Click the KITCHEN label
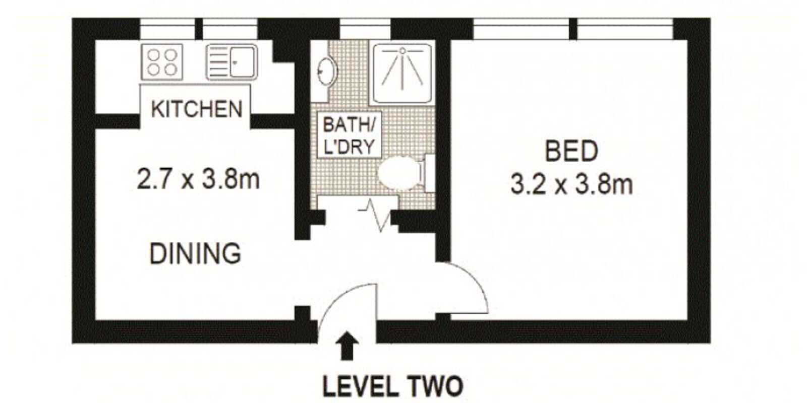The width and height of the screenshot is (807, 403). pos(197,109)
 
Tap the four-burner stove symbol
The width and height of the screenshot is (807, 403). pos(162,61)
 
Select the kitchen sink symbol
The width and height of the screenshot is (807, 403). pos(232,62)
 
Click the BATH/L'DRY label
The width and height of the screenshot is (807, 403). pos(349,135)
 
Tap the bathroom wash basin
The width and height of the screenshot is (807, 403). pos(325,71)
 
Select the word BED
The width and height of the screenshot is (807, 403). pos(572,152)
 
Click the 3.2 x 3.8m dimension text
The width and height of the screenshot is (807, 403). pos(571,185)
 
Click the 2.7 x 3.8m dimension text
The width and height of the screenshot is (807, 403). pos(198,179)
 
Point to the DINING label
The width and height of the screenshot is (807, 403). pos(195,253)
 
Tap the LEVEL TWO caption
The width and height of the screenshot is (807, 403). pos(392,387)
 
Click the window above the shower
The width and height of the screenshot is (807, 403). pos(365,29)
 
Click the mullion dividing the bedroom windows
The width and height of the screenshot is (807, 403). pos(573,29)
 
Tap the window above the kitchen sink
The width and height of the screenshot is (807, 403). pos(230,29)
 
